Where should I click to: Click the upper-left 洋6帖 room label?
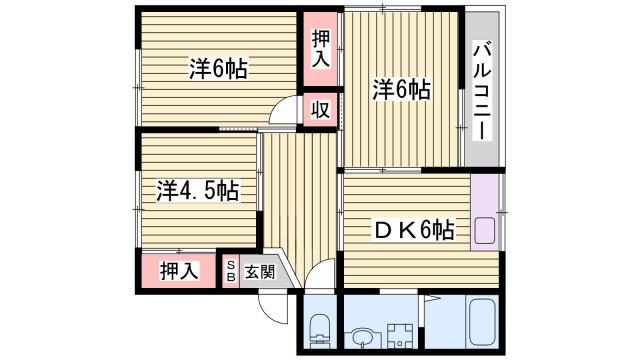tap(218, 69)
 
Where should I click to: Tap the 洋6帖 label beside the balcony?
tap(402, 90)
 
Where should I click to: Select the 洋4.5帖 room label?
tap(196, 190)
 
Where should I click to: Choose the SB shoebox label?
tap(231, 270)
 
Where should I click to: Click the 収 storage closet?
tap(321, 109)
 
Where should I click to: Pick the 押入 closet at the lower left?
tap(179, 270)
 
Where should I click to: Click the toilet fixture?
tap(319, 327)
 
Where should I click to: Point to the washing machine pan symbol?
tap(395, 334)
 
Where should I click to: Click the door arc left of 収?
tap(287, 111)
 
